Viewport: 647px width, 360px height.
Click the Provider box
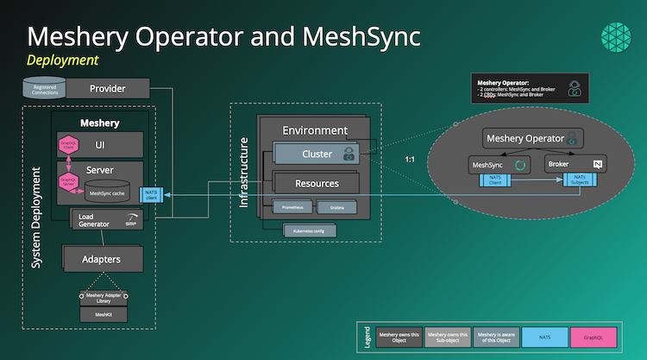(x=107, y=88)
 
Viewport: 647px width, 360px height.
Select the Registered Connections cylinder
(x=44, y=88)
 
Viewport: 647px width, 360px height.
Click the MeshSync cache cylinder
(x=108, y=193)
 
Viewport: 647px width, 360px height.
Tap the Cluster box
(x=316, y=155)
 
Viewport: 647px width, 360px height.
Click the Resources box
(x=316, y=183)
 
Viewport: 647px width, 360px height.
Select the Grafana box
(x=336, y=208)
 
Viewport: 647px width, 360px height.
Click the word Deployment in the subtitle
(x=62, y=60)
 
